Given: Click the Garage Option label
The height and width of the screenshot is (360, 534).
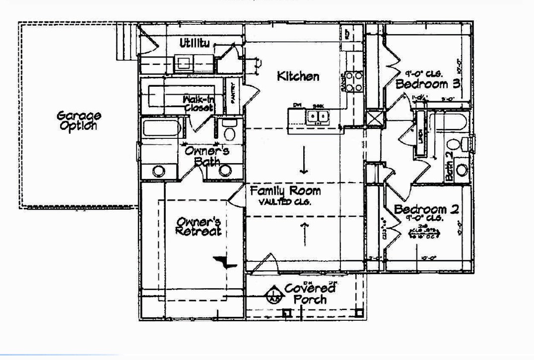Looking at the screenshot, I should (x=79, y=120).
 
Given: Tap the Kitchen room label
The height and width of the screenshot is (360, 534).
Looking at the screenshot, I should (x=298, y=76).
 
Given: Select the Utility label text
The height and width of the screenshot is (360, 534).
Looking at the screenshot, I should (x=195, y=44).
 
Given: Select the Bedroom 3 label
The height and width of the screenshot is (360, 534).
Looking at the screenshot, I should (x=428, y=84).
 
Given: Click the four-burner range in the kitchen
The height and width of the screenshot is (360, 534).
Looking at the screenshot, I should (x=354, y=82).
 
